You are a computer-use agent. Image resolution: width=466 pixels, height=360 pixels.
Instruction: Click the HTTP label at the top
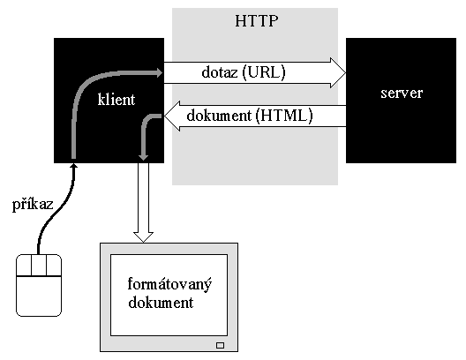(257, 21)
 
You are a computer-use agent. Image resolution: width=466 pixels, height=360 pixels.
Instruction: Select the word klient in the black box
(116, 99)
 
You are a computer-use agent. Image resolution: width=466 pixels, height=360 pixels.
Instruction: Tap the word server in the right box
(402, 93)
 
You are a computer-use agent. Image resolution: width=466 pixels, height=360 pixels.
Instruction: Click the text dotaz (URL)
(244, 72)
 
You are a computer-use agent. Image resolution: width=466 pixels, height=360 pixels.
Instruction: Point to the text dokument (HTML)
(250, 116)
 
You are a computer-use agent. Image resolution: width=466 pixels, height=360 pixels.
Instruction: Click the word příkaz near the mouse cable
(33, 205)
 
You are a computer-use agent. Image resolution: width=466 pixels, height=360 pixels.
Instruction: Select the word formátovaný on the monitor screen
(169, 284)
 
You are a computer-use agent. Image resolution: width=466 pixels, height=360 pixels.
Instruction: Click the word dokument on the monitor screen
(161, 303)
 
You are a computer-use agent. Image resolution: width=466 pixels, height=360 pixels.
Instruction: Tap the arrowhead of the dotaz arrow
(338, 72)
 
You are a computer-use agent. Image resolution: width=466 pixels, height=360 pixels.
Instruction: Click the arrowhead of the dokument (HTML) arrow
(172, 116)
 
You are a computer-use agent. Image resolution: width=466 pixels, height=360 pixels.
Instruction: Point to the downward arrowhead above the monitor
(143, 237)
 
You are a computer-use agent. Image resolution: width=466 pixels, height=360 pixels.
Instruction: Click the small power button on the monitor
(221, 345)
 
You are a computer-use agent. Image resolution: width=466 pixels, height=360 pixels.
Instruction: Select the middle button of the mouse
(39, 266)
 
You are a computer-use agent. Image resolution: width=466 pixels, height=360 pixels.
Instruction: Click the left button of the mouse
(24, 266)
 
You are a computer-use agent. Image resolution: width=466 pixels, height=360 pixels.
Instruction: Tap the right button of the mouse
(54, 266)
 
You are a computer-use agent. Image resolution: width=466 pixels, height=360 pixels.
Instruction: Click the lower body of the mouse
(39, 296)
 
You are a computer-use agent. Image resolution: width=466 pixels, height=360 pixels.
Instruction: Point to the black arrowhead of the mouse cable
(74, 167)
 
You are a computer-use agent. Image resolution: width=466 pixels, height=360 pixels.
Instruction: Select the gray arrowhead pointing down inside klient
(144, 156)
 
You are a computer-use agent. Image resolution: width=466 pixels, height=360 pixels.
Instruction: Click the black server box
(401, 101)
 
